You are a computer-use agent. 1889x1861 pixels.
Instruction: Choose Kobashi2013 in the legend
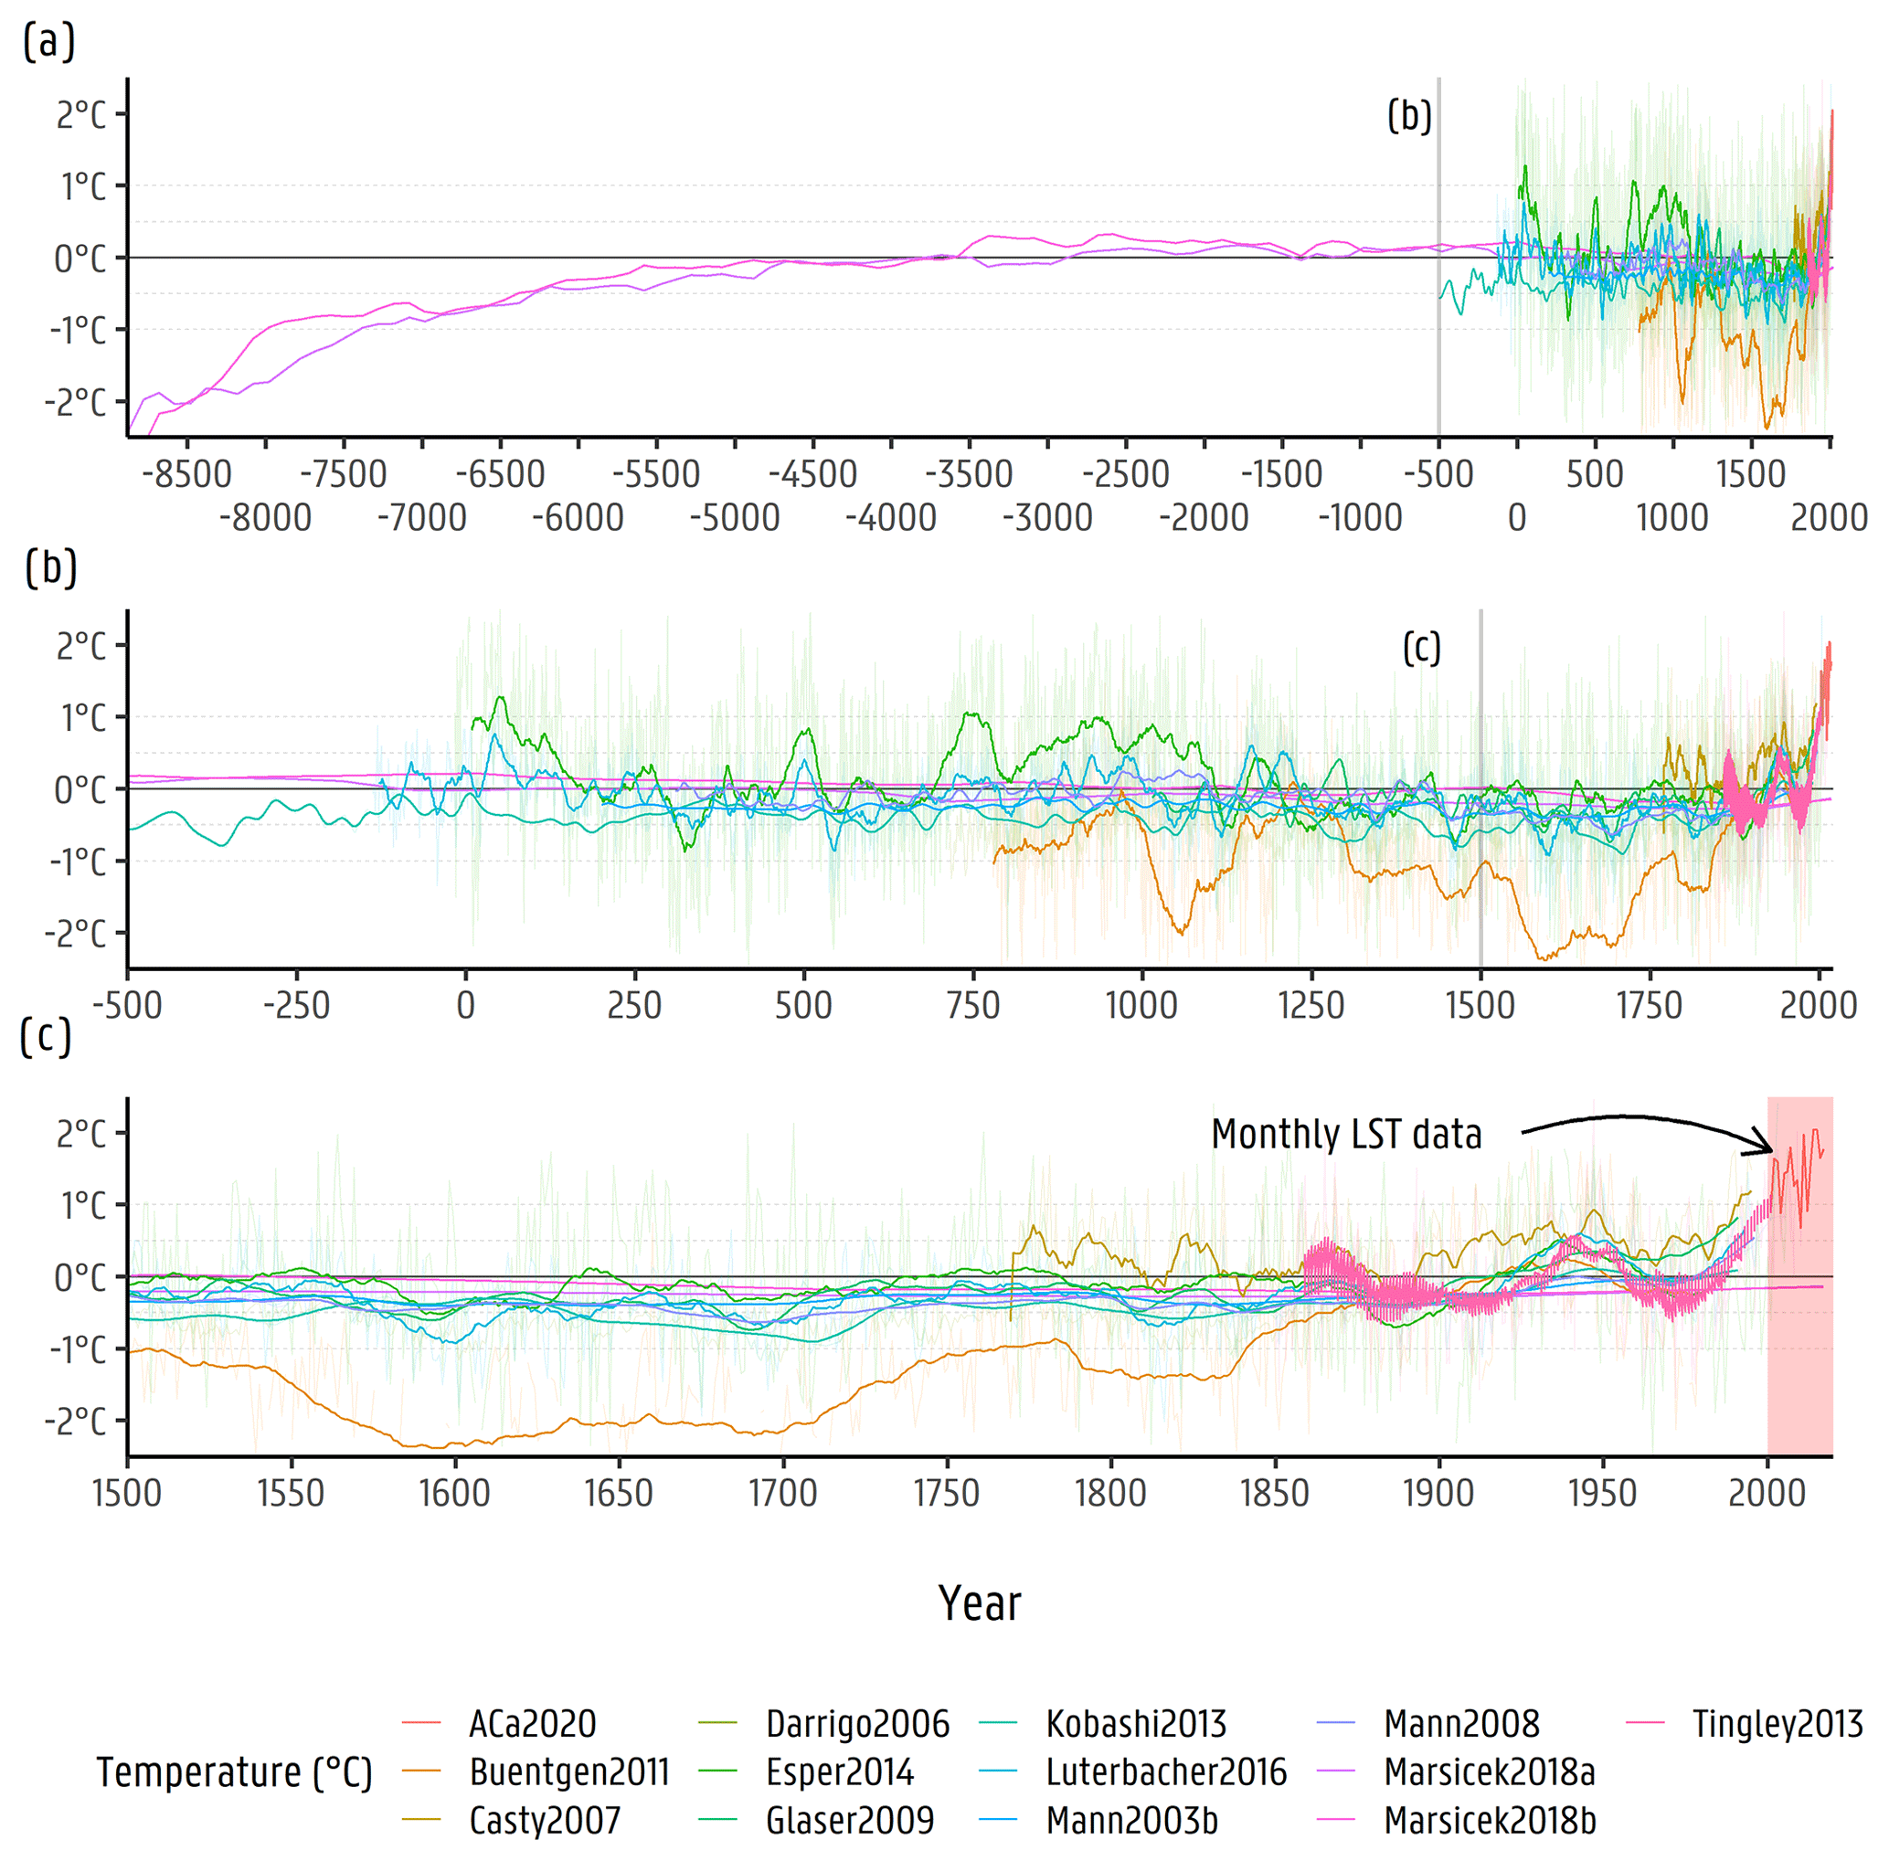[x=1135, y=1723]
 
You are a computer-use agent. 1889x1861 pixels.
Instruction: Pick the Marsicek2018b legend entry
[x=1489, y=1820]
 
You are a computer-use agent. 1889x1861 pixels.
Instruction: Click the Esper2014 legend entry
[x=839, y=1771]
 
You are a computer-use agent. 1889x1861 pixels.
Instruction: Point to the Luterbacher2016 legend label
[x=1165, y=1771]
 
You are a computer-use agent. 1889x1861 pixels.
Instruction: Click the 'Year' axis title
[x=980, y=1603]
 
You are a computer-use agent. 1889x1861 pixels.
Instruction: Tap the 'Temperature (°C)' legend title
[x=235, y=1772]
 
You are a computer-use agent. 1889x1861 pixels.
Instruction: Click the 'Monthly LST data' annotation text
[x=1346, y=1134]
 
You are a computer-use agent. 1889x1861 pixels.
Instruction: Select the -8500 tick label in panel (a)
[x=186, y=474]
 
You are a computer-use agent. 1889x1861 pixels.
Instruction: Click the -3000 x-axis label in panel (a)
[x=1047, y=517]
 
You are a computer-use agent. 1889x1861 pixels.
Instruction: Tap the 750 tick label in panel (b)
[x=973, y=1005]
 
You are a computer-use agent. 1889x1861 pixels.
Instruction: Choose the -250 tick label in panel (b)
[x=296, y=1005]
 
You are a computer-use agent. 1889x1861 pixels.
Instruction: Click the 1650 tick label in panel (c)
[x=619, y=1493]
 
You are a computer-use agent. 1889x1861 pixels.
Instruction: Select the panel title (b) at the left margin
[x=51, y=568]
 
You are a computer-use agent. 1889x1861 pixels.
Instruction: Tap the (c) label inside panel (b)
[x=1422, y=647]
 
